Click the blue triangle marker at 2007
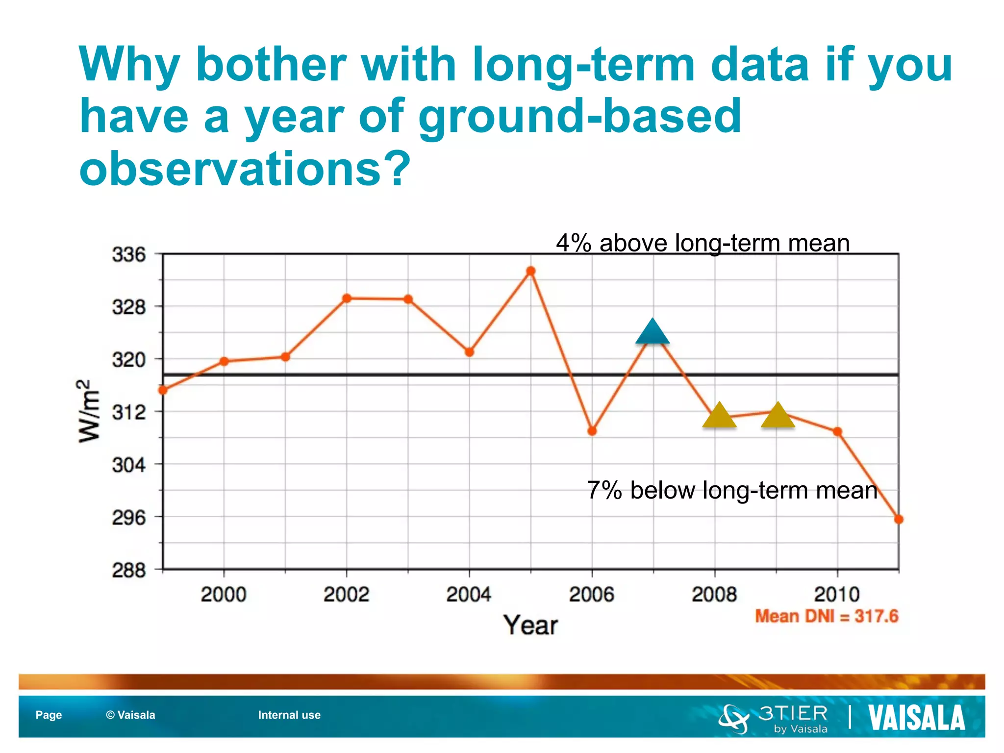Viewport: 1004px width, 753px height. (653, 333)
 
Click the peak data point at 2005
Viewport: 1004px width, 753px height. (531, 271)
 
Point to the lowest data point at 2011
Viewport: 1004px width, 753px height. (899, 520)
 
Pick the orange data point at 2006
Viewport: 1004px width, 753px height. (592, 431)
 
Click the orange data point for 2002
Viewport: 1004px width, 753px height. (347, 298)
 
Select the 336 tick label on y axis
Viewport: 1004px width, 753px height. (129, 255)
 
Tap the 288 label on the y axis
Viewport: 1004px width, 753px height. (129, 570)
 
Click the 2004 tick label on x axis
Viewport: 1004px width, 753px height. (469, 595)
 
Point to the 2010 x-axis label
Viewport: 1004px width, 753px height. (837, 595)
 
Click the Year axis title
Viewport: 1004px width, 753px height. (530, 626)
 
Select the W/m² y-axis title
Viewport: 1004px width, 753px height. (89, 411)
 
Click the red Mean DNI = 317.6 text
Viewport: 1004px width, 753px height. (827, 616)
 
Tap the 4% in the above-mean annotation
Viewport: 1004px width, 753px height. (573, 243)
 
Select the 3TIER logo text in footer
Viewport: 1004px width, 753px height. (793, 713)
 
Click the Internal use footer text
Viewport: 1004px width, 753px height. (289, 715)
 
